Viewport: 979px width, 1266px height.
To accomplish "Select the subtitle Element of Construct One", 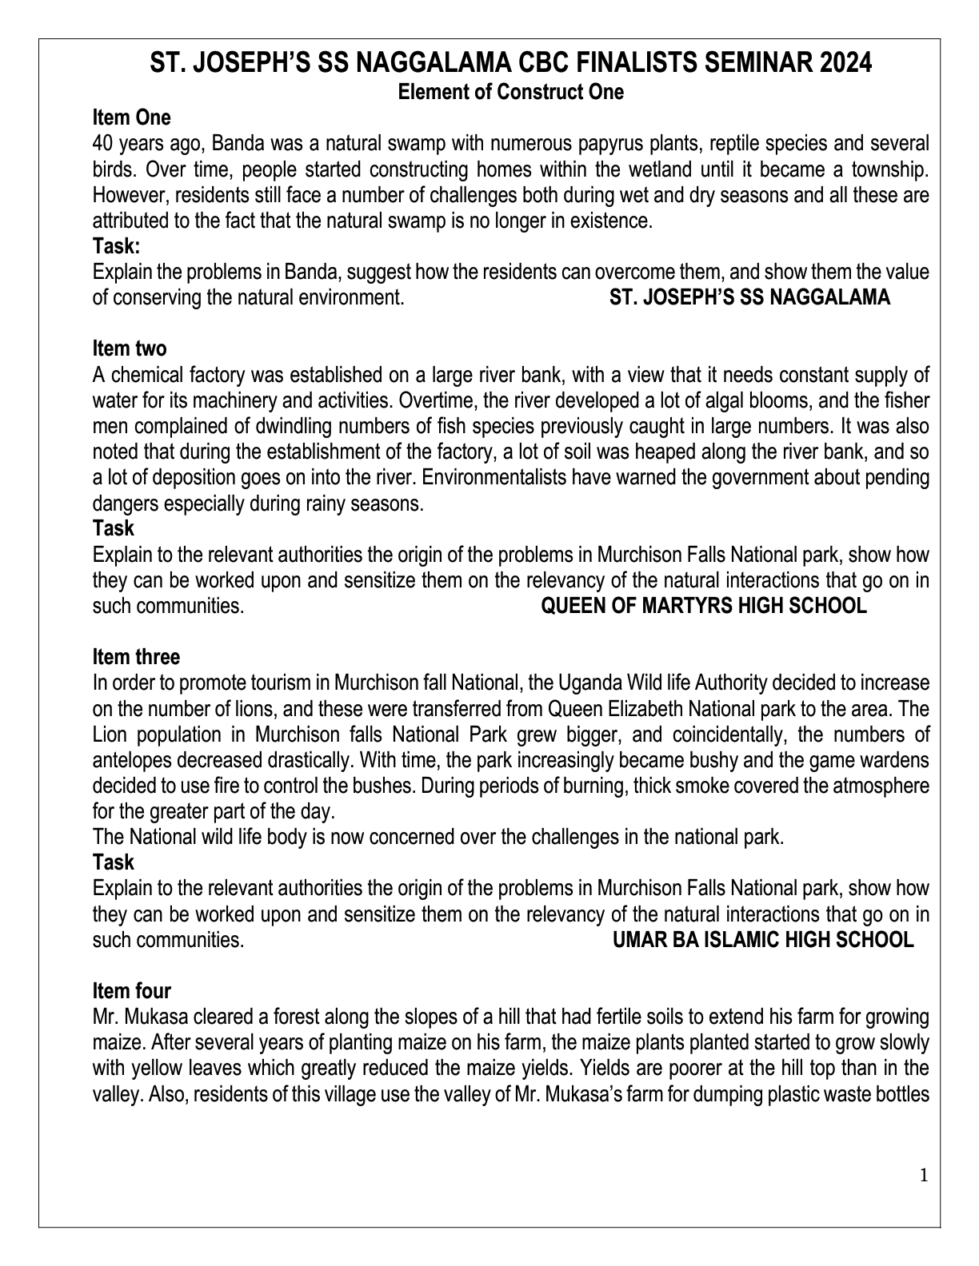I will [510, 92].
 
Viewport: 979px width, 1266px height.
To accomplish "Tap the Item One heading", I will [131, 117].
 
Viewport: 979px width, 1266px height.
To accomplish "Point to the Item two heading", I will [130, 348].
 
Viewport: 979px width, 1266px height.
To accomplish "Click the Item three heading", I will [136, 657].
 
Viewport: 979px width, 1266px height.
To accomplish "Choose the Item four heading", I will [132, 991].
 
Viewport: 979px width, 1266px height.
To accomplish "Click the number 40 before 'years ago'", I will [102, 144].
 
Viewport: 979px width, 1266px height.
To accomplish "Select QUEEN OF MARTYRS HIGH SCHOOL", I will [704, 606].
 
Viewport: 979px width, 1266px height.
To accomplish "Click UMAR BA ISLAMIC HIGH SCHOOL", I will [762, 940].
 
